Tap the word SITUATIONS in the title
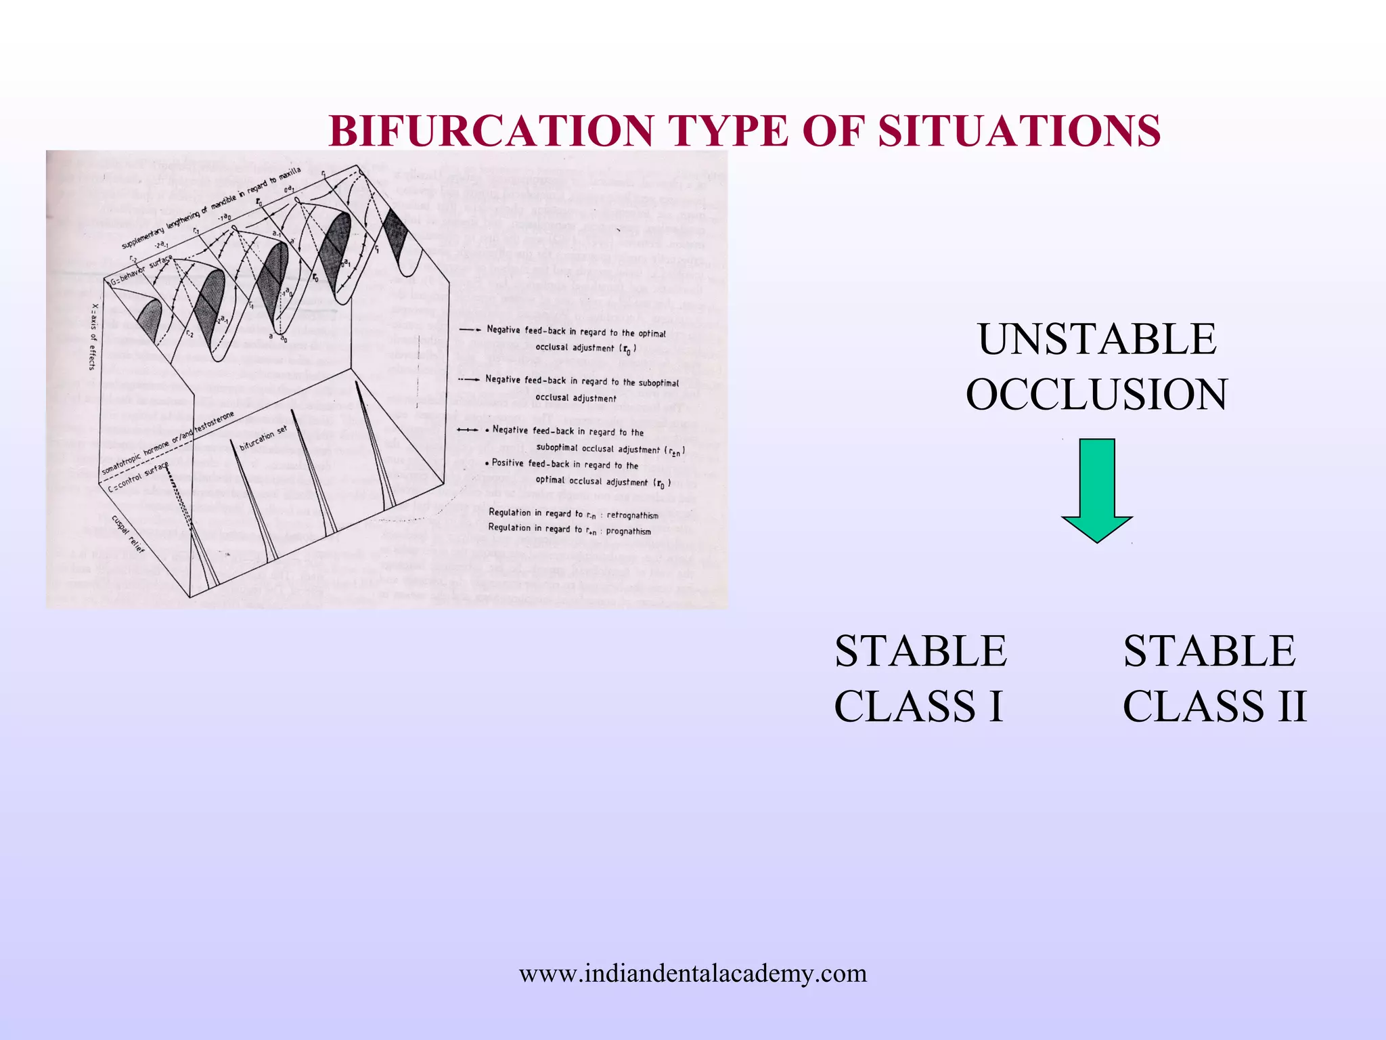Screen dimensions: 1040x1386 (x=1019, y=131)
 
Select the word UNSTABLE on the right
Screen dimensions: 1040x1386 (x=1097, y=339)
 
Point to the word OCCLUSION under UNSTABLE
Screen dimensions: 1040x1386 (x=1096, y=394)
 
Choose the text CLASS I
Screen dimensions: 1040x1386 (x=918, y=706)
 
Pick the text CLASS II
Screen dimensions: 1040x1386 (x=1214, y=706)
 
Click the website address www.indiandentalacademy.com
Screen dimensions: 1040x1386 (x=692, y=973)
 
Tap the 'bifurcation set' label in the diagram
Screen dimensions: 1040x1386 (x=263, y=439)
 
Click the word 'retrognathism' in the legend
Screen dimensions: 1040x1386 (x=632, y=515)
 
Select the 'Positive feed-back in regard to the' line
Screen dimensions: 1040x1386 (x=566, y=464)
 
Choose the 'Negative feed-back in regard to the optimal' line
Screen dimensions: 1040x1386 (x=576, y=332)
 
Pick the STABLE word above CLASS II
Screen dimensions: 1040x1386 (x=1209, y=651)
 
